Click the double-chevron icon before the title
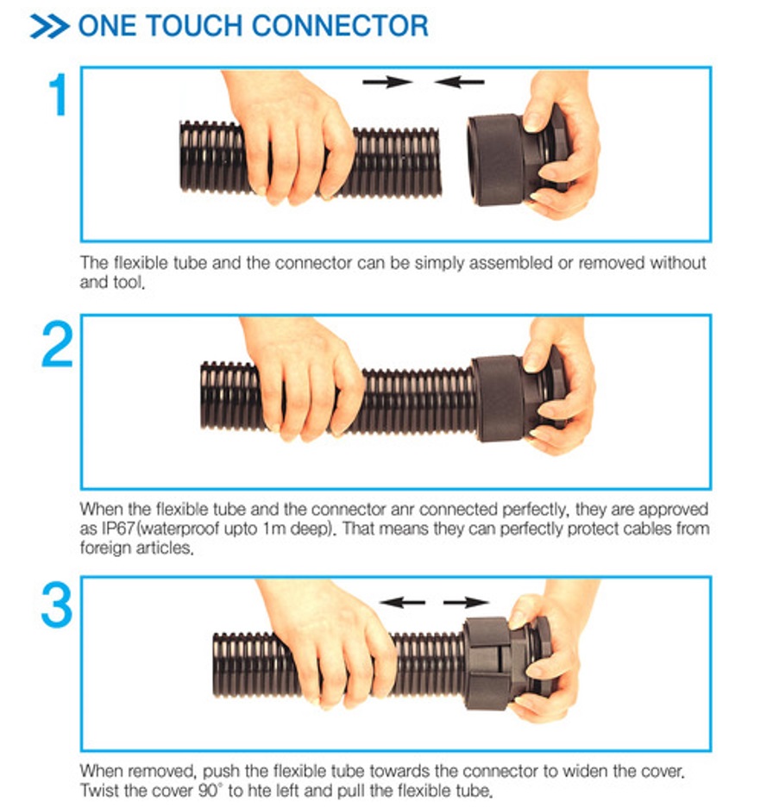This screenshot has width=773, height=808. tap(49, 25)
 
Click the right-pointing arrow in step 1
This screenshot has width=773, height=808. tap(387, 82)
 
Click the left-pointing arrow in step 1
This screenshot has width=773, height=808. tap(459, 82)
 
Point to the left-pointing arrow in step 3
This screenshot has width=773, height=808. tap(401, 602)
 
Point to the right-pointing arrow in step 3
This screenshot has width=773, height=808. tap(466, 602)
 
